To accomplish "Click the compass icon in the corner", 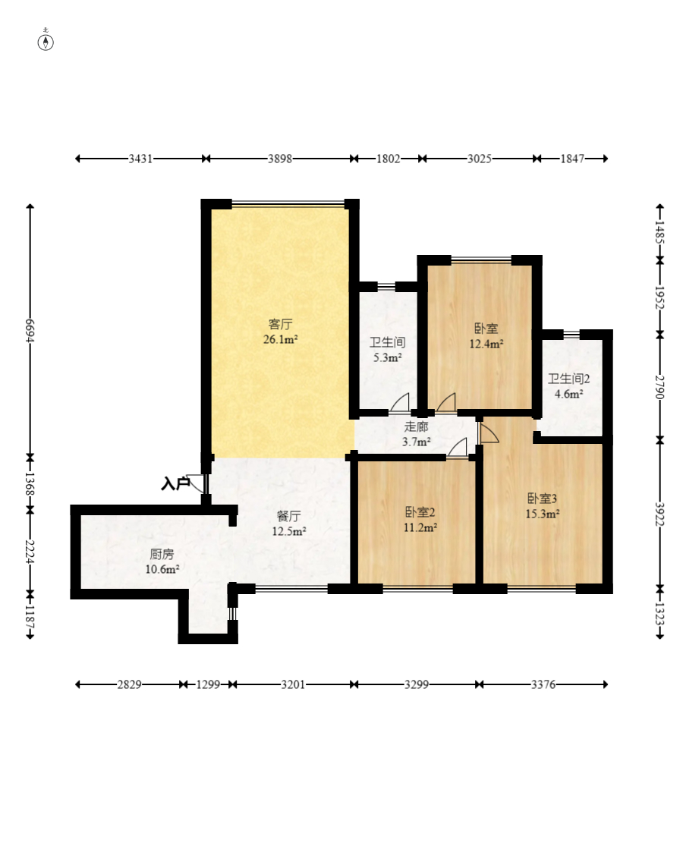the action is pos(46,41).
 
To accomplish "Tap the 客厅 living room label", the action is pos(280,324).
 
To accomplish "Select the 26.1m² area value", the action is pos(280,339).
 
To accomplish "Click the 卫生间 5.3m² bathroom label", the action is pos(387,350).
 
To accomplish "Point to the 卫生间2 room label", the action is pos(568,379).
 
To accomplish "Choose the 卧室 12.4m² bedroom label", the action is pos(486,336).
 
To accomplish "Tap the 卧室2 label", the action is pos(420,512).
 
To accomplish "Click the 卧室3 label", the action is pos(542,499).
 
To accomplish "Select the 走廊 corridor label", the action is pos(417,427).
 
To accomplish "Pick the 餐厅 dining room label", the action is pos(289,516).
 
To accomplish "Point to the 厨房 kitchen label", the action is pos(162,554).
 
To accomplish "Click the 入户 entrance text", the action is pos(175,484).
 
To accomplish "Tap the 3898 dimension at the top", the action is pos(280,159).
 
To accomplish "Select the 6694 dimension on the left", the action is pos(30,331).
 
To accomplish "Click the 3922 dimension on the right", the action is pos(660,515).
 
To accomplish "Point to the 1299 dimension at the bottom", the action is pos(208,684).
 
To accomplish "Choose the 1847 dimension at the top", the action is pos(572,159).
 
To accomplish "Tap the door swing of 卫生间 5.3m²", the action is pos(400,403).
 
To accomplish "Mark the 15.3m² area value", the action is pos(542,514).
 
